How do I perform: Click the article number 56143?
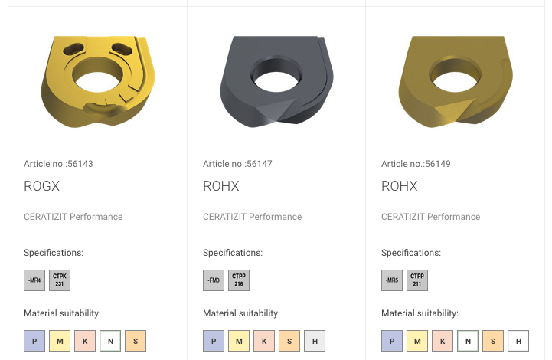80,164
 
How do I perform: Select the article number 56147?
260,164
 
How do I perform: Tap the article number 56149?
438,164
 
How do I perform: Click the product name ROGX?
41,186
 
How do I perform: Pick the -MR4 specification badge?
34,280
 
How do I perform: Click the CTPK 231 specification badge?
60,280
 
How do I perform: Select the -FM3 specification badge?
214,280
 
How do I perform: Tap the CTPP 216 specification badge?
239,280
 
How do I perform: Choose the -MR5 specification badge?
392,280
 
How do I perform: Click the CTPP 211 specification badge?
417,280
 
